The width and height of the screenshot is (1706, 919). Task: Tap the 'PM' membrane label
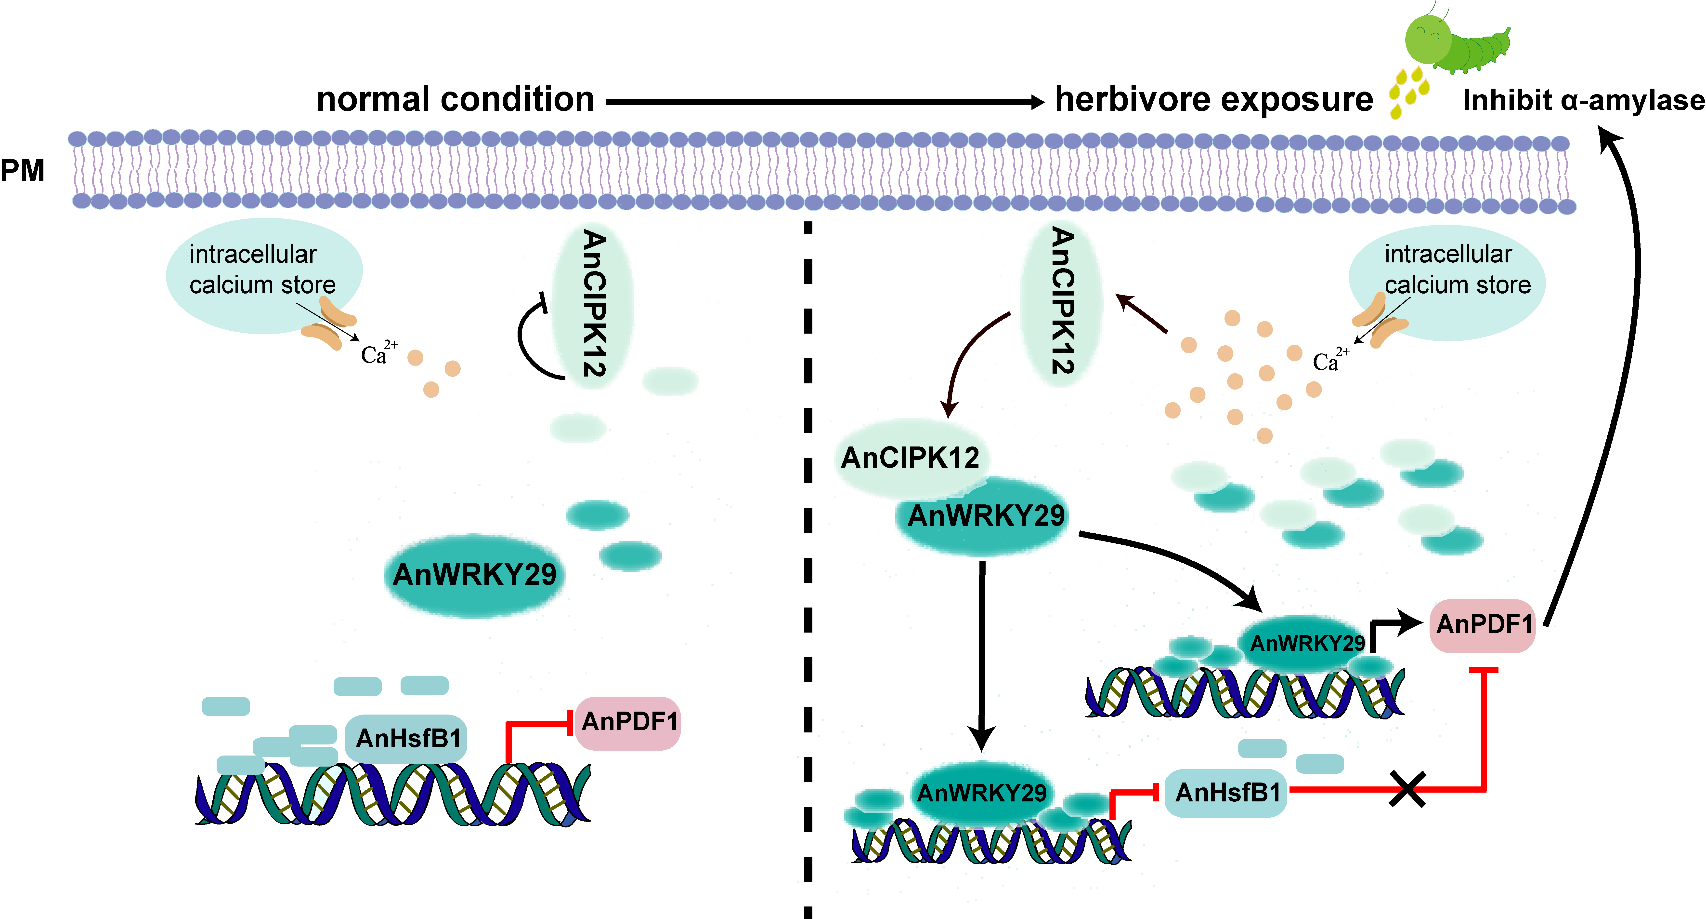click(23, 171)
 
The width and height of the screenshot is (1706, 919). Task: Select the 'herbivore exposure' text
click(1213, 100)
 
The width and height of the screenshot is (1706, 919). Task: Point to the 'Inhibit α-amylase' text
click(1583, 101)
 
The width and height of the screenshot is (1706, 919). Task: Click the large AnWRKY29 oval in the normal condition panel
click(474, 574)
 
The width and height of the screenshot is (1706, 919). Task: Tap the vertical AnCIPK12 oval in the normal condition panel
click(593, 305)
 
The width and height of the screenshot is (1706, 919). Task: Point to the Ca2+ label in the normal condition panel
click(378, 353)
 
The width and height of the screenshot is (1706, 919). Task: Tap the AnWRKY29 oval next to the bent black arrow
click(1305, 643)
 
